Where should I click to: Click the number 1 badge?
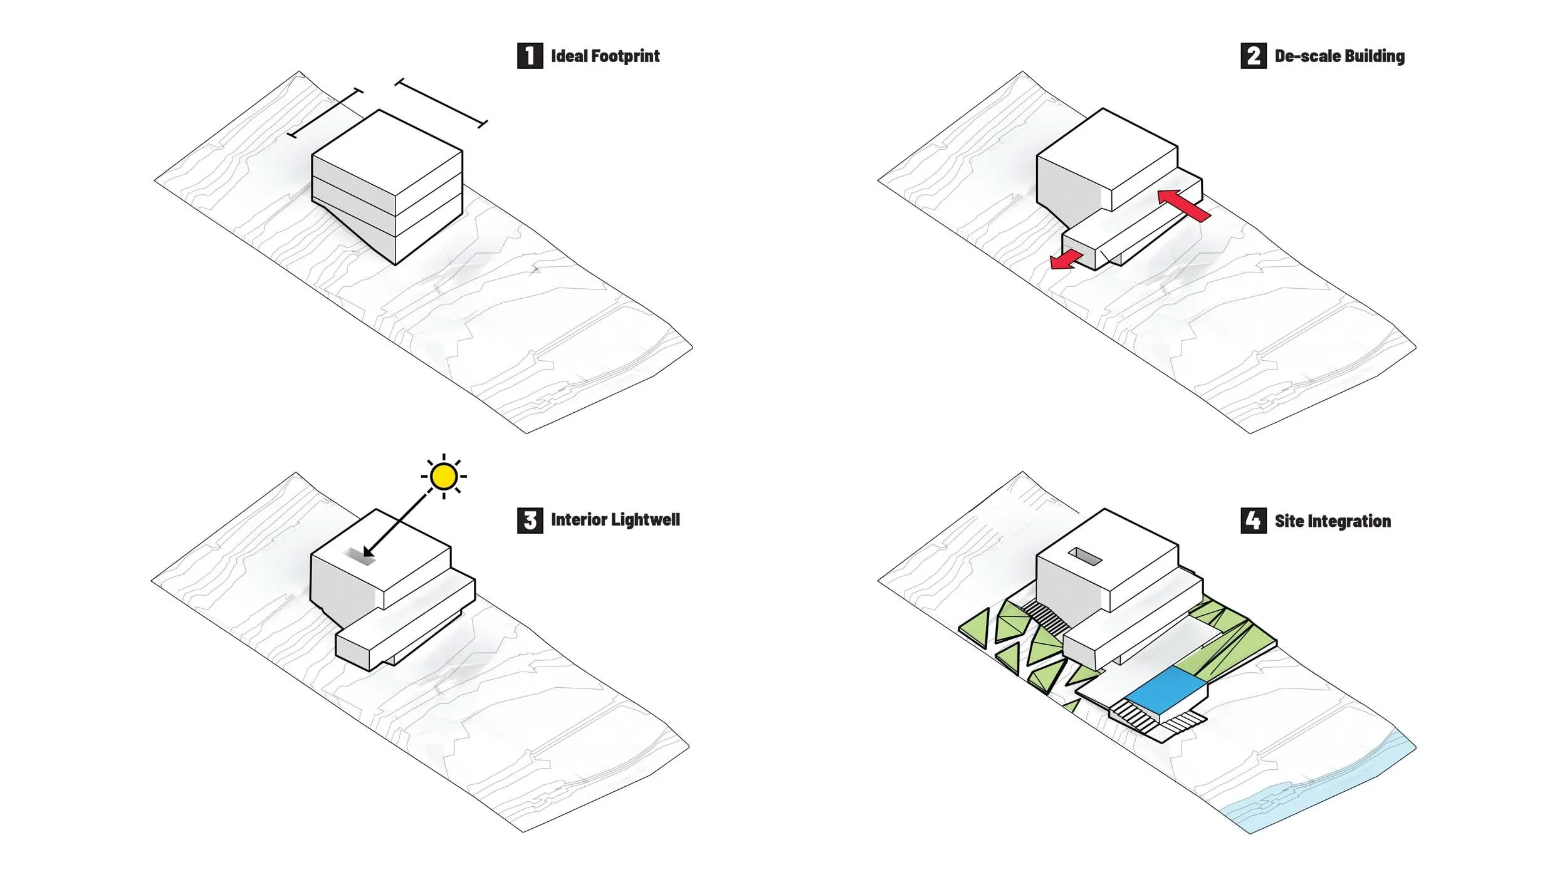point(530,56)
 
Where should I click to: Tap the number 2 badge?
point(1253,56)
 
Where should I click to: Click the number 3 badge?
point(530,520)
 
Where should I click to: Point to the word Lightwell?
point(645,520)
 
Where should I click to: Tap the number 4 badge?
point(1253,521)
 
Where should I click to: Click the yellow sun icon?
point(444,477)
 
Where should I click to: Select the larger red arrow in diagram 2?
point(1183,205)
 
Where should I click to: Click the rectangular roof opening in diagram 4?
point(1085,556)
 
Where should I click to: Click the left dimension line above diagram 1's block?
point(325,113)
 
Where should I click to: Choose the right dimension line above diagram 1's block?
point(441,103)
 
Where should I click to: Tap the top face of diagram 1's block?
point(387,152)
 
